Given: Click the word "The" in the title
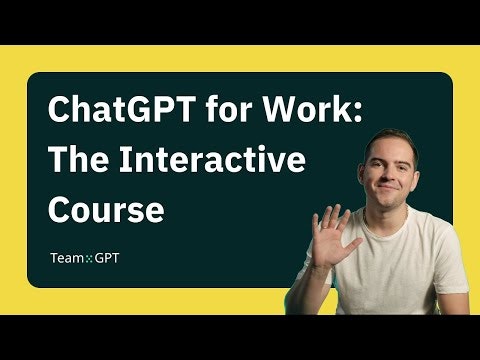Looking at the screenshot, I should pos(78,160).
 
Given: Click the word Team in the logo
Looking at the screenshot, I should pos(67,258).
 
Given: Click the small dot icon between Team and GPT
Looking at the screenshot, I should pos(89,258).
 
